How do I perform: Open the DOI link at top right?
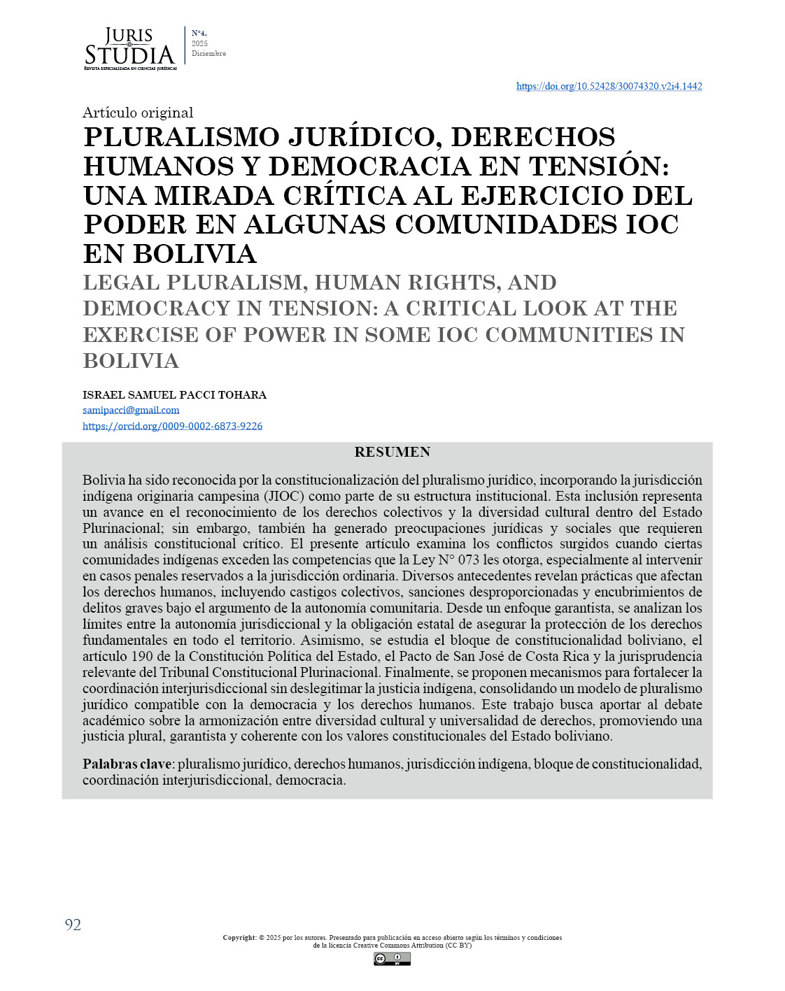tap(609, 86)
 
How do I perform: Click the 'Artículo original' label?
tap(138, 113)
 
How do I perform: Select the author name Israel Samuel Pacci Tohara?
tap(174, 394)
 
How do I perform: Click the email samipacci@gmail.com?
tap(131, 410)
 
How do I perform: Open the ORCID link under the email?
tap(172, 426)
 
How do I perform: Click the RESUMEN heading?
tap(392, 452)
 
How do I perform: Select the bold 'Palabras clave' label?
tap(127, 764)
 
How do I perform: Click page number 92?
tap(73, 925)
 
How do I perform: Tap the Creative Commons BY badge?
tap(392, 959)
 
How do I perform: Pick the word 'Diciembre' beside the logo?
tap(208, 54)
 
